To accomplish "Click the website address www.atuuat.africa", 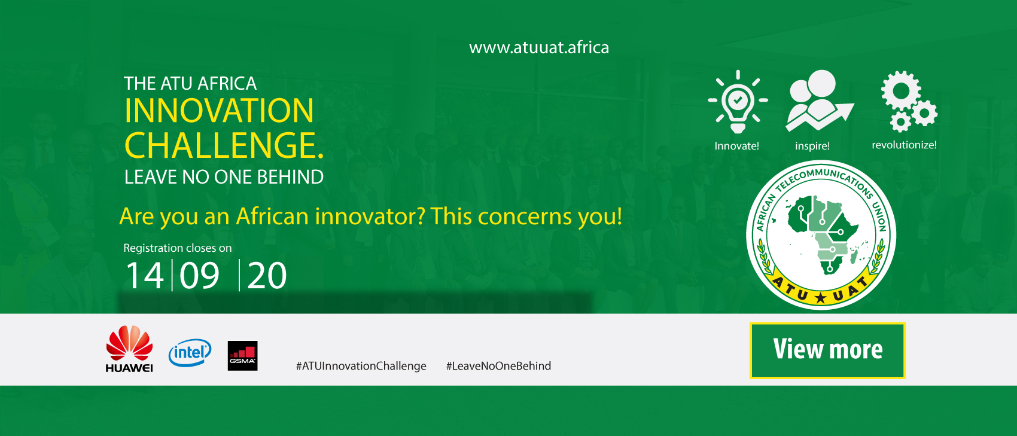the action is (539, 48).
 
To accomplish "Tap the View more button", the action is (827, 350).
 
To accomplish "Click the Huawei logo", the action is (129, 349).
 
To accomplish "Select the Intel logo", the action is (190, 352).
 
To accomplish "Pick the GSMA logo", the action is (242, 356).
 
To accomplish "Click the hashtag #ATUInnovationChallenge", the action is (361, 366).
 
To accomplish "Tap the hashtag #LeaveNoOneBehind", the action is (498, 366).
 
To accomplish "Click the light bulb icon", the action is (738, 102).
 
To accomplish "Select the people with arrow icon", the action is (820, 100).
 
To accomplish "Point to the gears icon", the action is (909, 101).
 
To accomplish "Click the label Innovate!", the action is (736, 146).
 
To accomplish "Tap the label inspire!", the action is (812, 146).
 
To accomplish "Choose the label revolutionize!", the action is (904, 145).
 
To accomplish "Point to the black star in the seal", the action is (820, 298).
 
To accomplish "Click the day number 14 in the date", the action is (144, 275).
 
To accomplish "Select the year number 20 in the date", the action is (267, 275).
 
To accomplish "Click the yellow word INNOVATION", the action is (219, 111).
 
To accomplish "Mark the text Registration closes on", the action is (178, 248).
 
